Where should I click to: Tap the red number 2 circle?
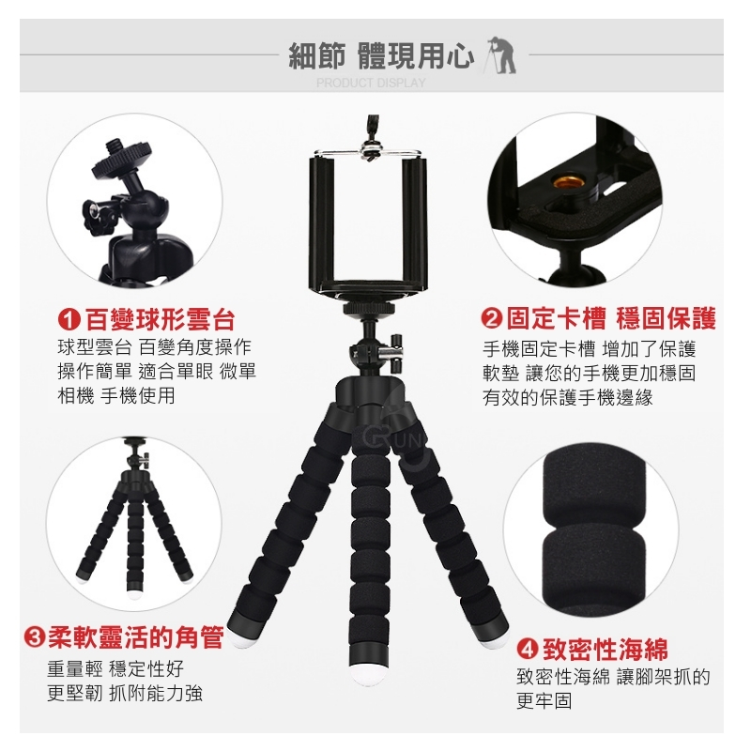pos(492,319)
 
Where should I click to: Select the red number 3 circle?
pos(35,637)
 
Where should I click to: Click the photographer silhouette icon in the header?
pos(501,55)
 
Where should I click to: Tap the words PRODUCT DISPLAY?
pos(371,83)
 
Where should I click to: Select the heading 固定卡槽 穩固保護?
pos(611,319)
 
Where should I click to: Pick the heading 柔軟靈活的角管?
pos(136,637)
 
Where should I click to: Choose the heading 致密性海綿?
pos(605,649)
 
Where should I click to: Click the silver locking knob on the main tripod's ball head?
pos(396,354)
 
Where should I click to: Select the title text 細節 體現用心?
pos(381,55)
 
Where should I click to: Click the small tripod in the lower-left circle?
pos(134,514)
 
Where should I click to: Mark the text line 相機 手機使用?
pos(116,396)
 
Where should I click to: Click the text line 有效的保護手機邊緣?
pos(568,397)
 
